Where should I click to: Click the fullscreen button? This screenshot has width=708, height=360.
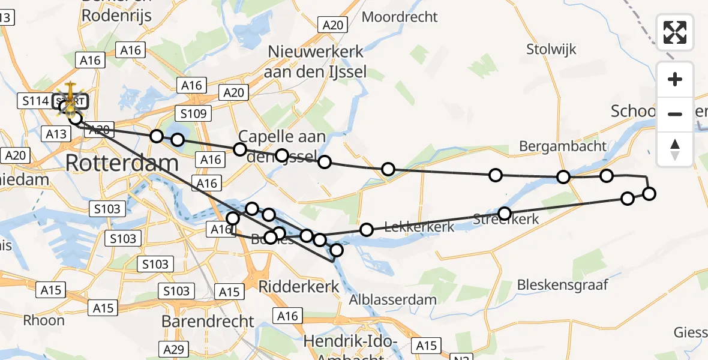(x=675, y=32)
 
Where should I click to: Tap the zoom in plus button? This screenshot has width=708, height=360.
(x=675, y=80)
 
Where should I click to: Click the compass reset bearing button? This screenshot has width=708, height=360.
(x=675, y=149)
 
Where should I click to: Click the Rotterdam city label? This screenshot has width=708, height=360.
(x=122, y=163)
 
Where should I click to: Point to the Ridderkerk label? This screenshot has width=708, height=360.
(x=298, y=287)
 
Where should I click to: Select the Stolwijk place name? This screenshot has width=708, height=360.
(x=551, y=49)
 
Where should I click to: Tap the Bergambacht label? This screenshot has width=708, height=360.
(x=563, y=146)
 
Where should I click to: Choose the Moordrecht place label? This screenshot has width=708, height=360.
(x=400, y=17)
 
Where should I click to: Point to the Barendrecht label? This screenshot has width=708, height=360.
(x=208, y=321)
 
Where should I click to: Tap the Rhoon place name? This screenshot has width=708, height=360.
(x=44, y=320)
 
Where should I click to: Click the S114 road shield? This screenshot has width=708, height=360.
(x=35, y=101)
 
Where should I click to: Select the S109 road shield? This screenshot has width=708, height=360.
(x=193, y=113)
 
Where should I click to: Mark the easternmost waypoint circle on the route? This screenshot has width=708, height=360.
(x=649, y=193)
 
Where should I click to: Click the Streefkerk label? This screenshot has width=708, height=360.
(x=506, y=220)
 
